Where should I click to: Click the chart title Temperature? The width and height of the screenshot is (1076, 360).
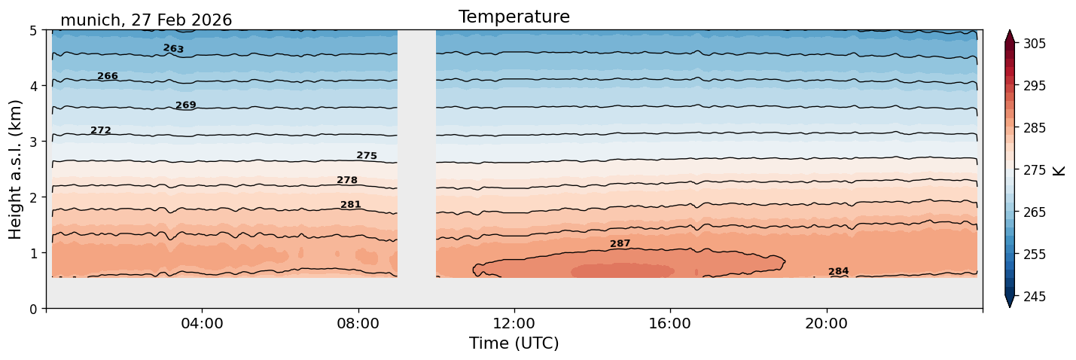coord(514,17)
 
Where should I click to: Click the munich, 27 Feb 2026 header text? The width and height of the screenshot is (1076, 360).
coord(146,20)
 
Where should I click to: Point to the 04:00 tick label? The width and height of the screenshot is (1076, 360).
coord(203,323)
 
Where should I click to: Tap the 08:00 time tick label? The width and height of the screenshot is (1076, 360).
coord(358,323)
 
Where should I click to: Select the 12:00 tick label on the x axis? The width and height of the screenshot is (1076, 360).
coord(514,323)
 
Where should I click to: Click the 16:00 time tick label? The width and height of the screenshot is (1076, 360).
coord(670,323)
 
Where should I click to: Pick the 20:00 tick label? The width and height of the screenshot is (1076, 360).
coord(826,323)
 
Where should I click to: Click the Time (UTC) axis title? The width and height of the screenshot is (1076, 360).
coord(514,343)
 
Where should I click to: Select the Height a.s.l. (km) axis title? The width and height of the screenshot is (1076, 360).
coord(15,169)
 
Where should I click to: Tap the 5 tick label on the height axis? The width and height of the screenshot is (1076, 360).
coord(33,31)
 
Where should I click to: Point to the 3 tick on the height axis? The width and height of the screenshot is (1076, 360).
coord(33,142)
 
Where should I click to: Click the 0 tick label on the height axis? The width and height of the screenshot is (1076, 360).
coord(33,309)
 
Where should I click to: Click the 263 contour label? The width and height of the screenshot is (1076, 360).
coord(173,48)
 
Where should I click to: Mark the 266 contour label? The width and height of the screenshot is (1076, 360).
coord(108,76)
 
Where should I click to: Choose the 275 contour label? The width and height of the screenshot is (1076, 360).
coord(367,155)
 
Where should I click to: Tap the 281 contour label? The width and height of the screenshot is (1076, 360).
coord(351,204)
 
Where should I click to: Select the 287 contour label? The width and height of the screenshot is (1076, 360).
coord(620,244)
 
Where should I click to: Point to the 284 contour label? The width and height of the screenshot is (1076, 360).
coord(839,271)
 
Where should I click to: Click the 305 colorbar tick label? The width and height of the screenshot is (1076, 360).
coord(1034,44)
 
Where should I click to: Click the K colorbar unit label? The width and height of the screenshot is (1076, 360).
coord(1058,171)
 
